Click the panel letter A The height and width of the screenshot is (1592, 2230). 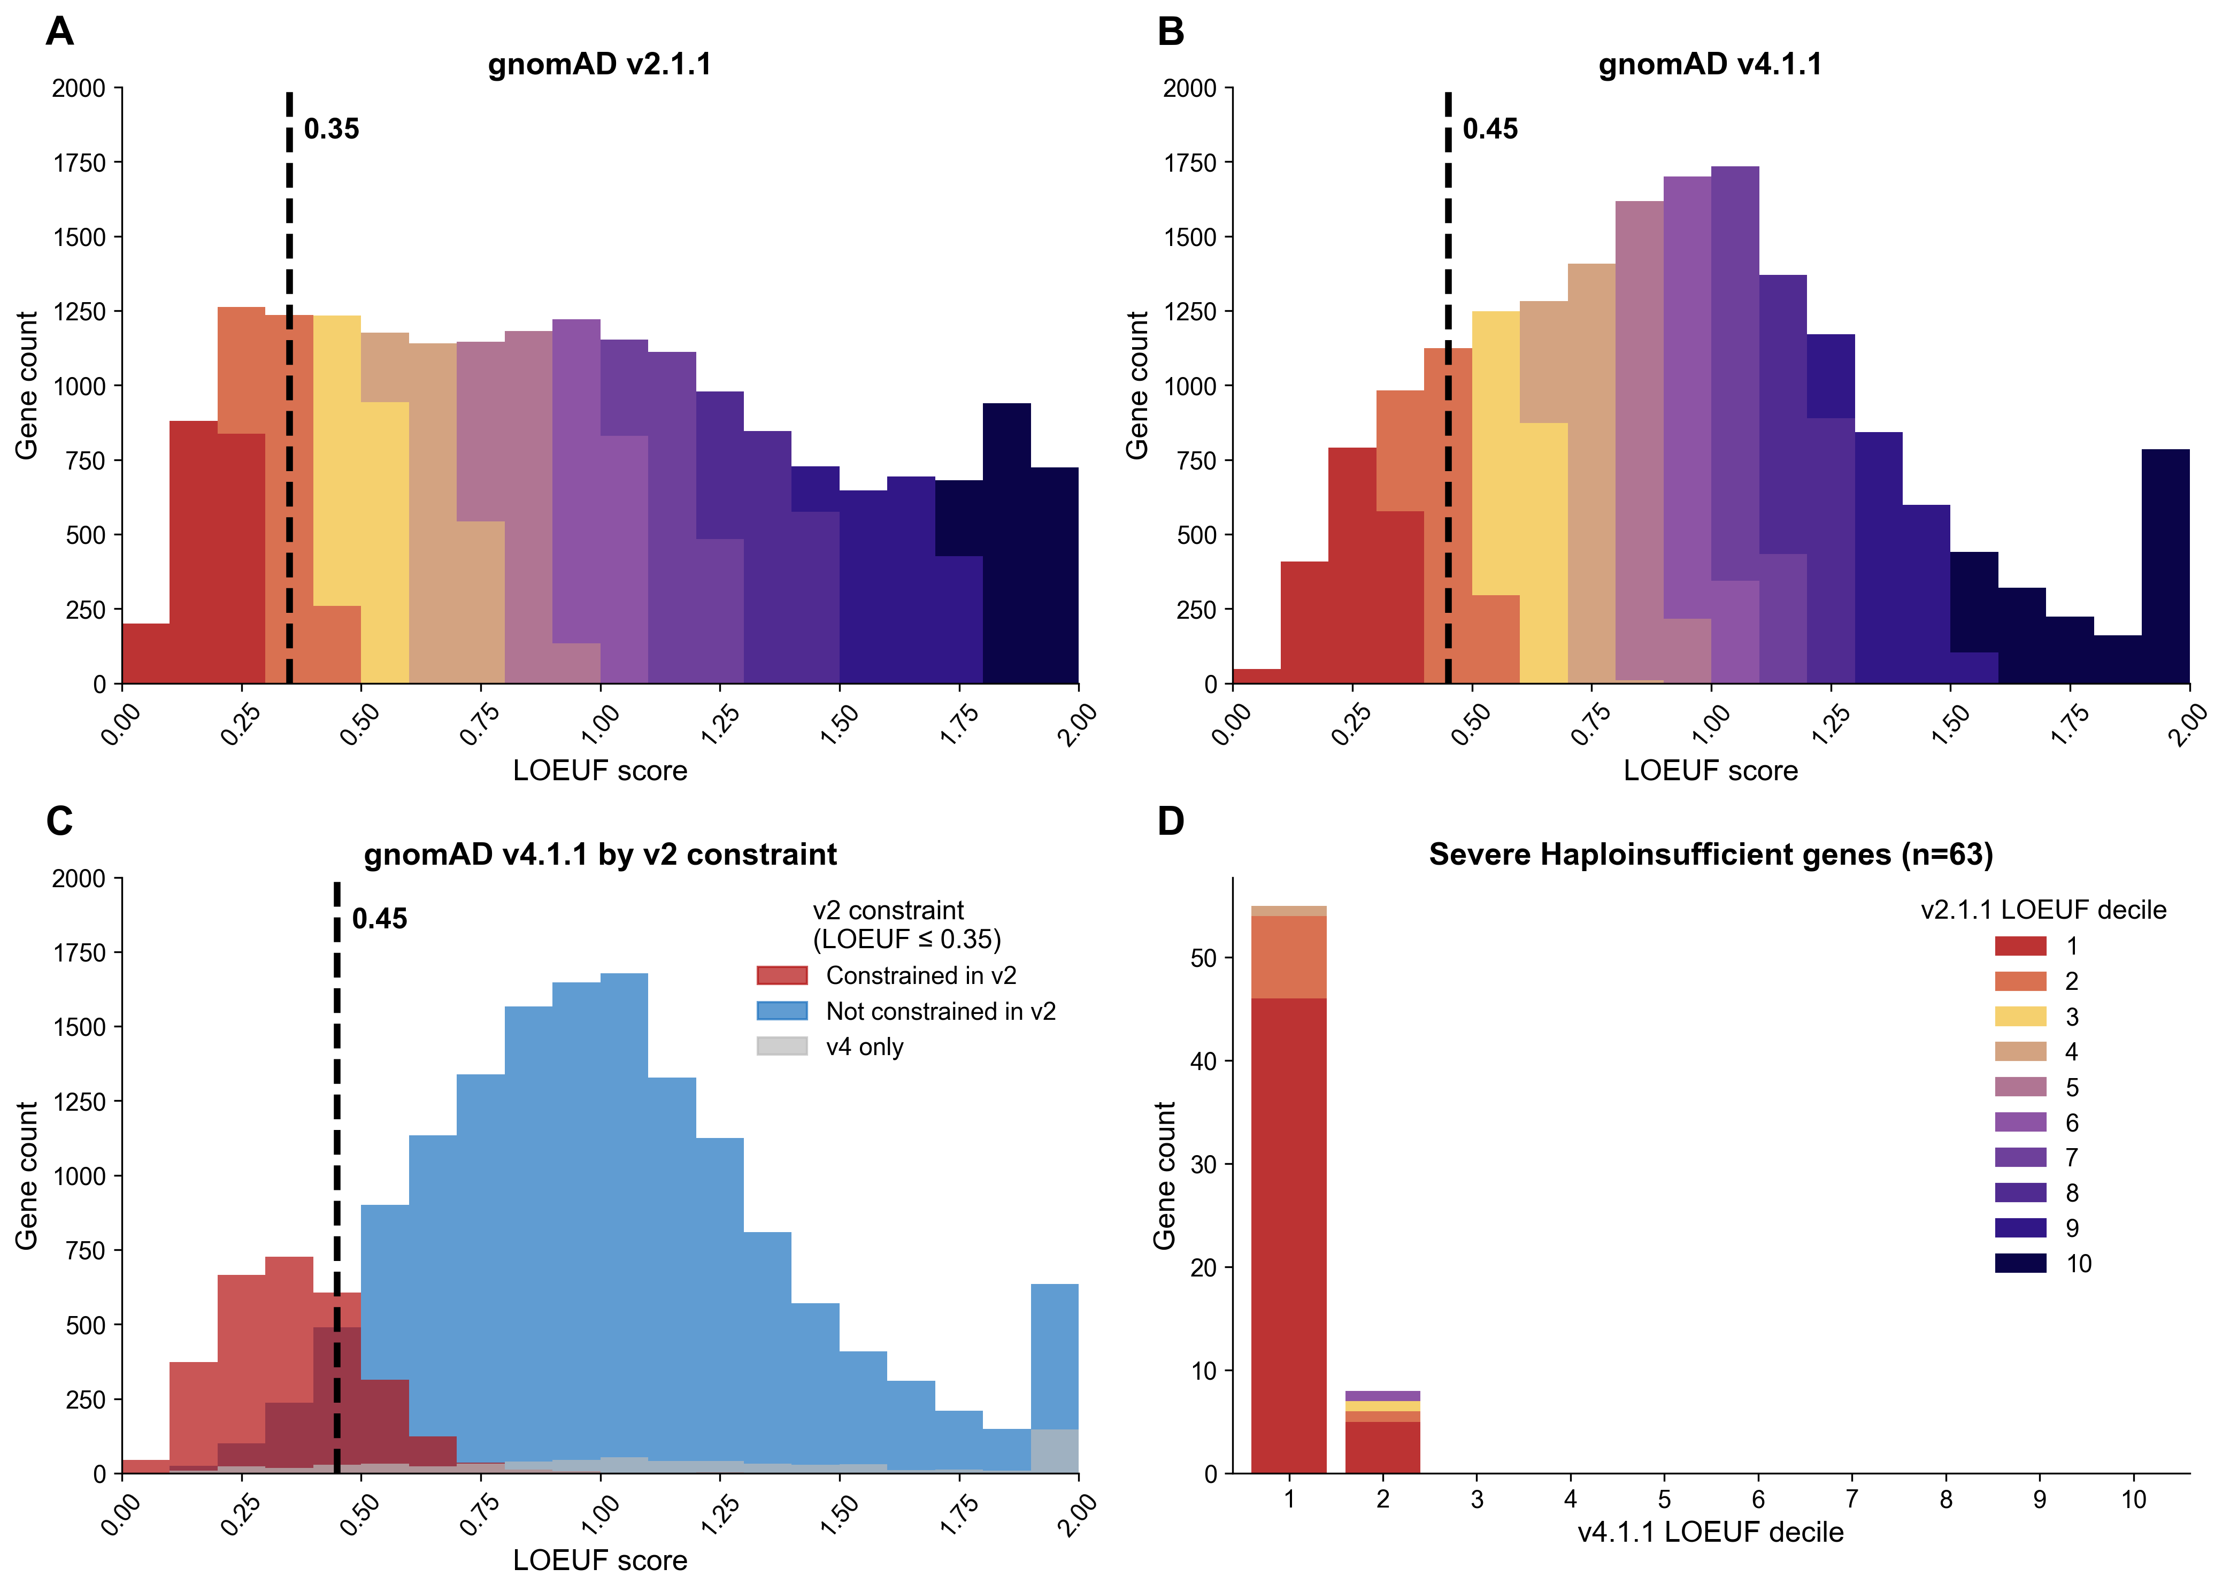[60, 32]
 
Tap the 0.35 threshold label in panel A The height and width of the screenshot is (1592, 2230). [332, 129]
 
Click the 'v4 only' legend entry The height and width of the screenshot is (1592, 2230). [864, 1047]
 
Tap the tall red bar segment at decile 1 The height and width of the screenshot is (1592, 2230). [1288, 1235]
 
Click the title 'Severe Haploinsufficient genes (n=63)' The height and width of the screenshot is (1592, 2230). [1711, 855]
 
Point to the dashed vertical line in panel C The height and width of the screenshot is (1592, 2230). [336, 1176]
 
